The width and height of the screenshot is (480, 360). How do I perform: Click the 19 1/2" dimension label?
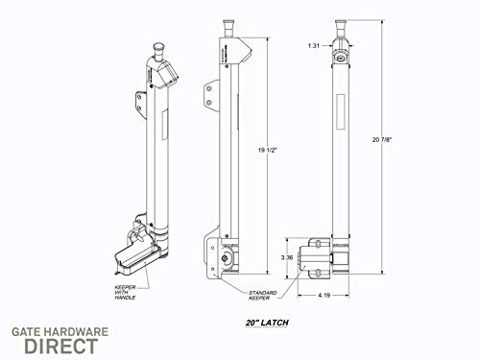click(x=267, y=150)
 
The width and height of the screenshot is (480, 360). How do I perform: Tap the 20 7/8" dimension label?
click(x=382, y=139)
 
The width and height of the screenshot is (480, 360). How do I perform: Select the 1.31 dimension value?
click(x=314, y=45)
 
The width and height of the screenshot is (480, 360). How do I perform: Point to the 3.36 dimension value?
click(x=287, y=257)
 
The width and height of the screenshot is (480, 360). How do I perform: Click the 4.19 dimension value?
click(x=324, y=295)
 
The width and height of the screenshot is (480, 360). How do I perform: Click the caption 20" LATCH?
click(x=267, y=323)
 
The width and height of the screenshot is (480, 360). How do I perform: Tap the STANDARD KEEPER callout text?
click(x=262, y=296)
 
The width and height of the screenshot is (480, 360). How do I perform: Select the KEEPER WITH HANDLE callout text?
click(x=125, y=293)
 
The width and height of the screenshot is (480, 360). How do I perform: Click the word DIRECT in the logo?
click(x=61, y=346)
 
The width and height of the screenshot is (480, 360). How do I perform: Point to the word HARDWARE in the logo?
click(x=78, y=331)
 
